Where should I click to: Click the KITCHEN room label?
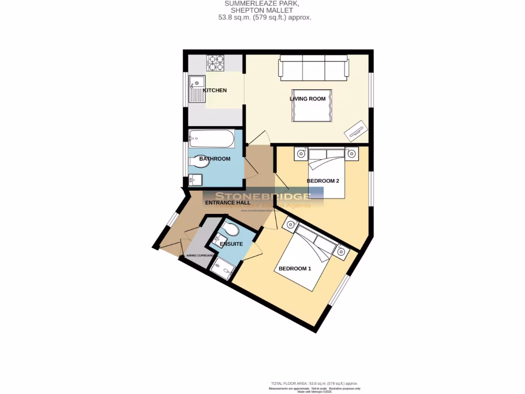point(215,90)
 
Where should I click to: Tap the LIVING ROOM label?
point(308,98)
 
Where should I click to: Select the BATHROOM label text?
point(215,159)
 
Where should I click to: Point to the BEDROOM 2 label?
point(323,181)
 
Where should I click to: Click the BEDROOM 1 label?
point(295,268)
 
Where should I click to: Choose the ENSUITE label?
point(231,244)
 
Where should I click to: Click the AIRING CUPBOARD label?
point(200,255)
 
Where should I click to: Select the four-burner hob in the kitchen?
point(215,63)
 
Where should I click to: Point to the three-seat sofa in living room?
point(314,69)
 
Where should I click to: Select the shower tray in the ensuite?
point(221,266)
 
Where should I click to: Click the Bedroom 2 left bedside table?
point(300,153)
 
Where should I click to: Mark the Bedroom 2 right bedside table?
point(351,153)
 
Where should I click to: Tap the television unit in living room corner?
point(355,131)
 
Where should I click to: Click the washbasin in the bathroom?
point(195,180)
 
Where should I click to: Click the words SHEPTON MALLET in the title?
point(262,10)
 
